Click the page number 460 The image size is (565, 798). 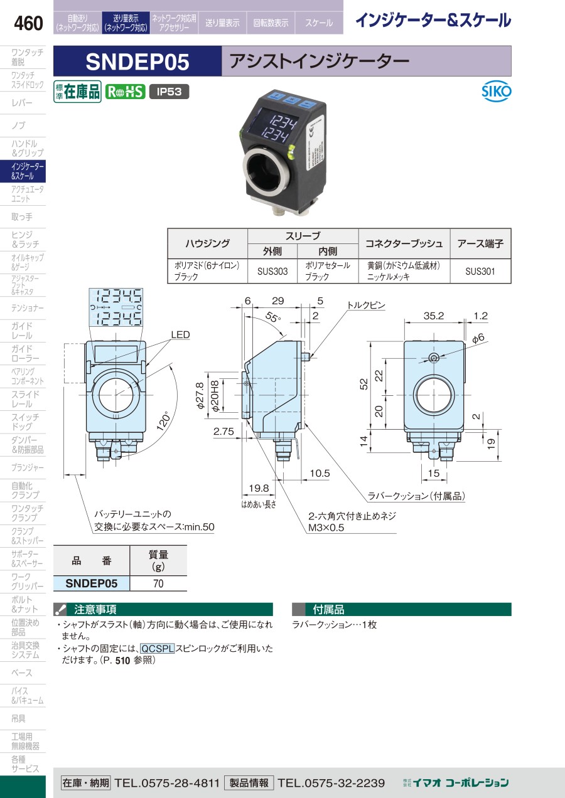[28, 24]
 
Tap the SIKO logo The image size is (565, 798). [497, 92]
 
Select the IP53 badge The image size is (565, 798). [169, 92]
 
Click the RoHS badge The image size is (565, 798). [125, 92]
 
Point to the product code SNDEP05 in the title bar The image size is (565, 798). [137, 61]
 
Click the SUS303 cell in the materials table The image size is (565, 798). [272, 272]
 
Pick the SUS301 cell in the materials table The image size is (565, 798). [480, 272]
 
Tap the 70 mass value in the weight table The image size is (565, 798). [158, 583]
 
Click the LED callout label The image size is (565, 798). [180, 336]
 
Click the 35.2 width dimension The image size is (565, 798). [433, 316]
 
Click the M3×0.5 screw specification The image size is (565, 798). [326, 528]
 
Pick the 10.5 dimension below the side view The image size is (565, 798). [319, 473]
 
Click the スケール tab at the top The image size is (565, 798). [319, 23]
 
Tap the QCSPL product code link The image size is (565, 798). [157, 649]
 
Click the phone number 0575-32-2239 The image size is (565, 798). [331, 782]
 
